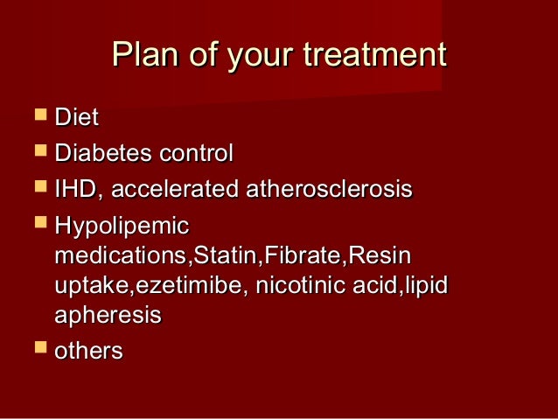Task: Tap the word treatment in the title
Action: [x=373, y=56]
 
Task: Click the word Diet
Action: [x=76, y=116]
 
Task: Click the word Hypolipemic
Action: [x=122, y=227]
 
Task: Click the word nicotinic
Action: [x=290, y=286]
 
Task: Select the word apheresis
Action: [x=108, y=315]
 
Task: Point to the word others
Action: [x=88, y=351]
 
